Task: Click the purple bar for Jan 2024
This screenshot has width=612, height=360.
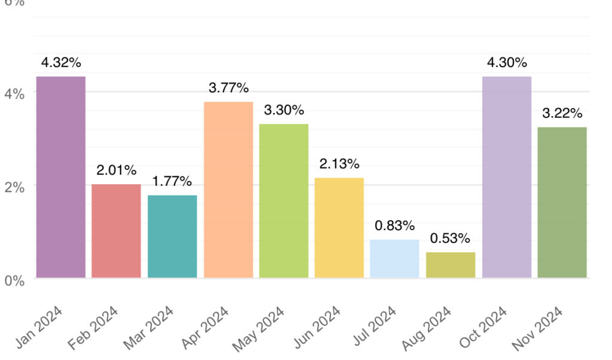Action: pos(60,177)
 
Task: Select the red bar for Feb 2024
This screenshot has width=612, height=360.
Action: pos(116,231)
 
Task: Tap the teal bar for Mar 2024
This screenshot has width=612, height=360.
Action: pos(172,236)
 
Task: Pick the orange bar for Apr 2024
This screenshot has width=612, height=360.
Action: pos(228,190)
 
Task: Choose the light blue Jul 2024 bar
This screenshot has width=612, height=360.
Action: pos(394,258)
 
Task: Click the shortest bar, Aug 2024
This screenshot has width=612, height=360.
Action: pos(451,265)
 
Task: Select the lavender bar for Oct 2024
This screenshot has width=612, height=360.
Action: pos(506,177)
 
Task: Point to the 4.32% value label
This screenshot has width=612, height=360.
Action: pos(60,63)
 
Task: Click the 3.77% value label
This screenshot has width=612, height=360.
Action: pos(228,89)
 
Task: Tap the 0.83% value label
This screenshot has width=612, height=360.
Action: pos(394,226)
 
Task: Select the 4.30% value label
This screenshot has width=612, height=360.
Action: pos(506,63)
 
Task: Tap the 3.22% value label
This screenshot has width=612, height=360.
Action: pos(562,114)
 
